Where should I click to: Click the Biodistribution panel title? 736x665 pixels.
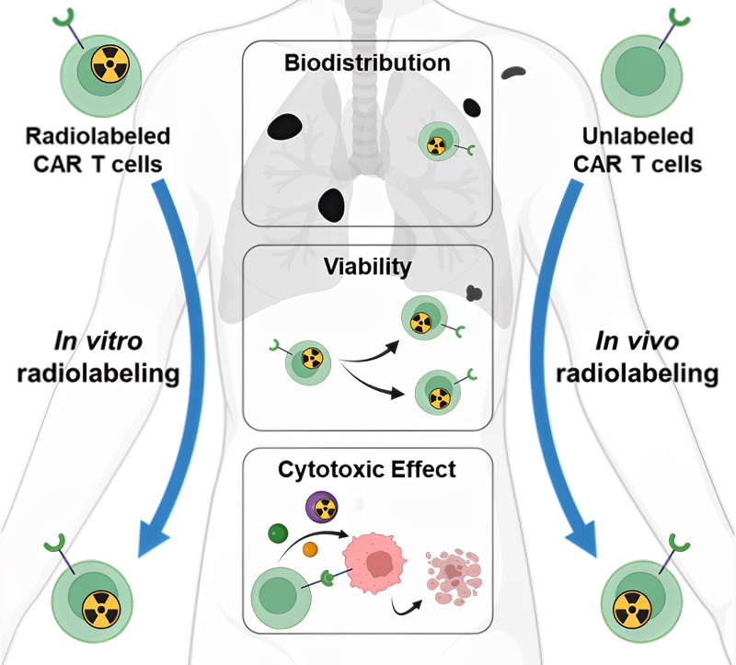pos(367,64)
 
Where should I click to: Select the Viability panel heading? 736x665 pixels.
pos(367,267)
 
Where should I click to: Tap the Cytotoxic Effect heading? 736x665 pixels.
pos(367,470)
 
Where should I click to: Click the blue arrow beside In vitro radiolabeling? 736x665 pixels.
pos(167,368)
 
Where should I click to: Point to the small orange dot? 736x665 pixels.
pos(310,550)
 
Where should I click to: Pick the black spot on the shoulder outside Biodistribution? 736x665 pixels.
pos(512,70)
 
